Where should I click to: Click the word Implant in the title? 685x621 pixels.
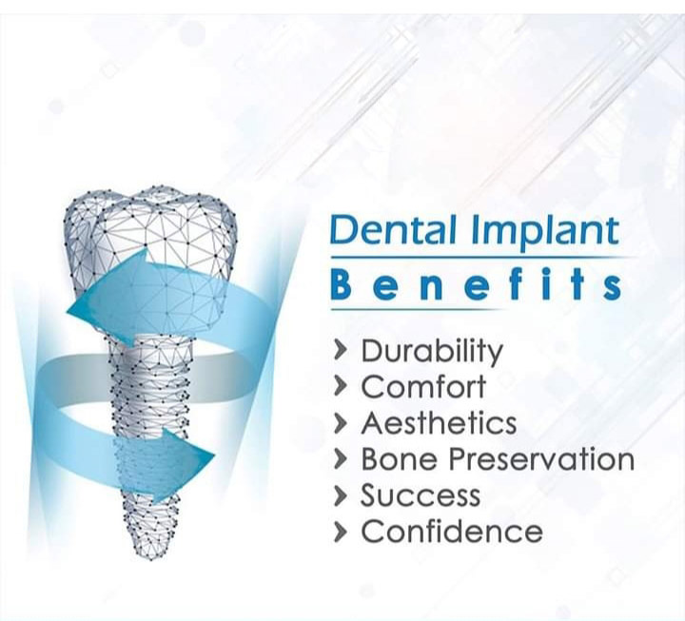tap(545, 232)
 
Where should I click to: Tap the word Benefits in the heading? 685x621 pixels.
tap(476, 283)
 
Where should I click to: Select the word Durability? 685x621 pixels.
tap(432, 352)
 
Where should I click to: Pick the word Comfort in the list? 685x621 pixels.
tap(423, 386)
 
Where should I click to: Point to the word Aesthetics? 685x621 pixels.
tap(439, 423)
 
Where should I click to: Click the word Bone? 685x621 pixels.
tap(399, 459)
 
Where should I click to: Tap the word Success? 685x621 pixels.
tap(421, 495)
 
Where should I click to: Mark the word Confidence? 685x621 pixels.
tap(452, 531)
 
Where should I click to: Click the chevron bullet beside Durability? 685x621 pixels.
tap(341, 351)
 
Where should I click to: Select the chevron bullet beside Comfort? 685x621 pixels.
tap(341, 387)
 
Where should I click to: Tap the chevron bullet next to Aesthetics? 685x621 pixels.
tap(341, 423)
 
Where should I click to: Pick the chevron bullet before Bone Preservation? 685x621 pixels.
tap(341, 460)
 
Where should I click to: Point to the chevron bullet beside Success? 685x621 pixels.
tap(341, 496)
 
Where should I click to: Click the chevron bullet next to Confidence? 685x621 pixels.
tap(341, 533)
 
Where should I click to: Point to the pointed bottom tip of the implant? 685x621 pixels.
tap(150, 559)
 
